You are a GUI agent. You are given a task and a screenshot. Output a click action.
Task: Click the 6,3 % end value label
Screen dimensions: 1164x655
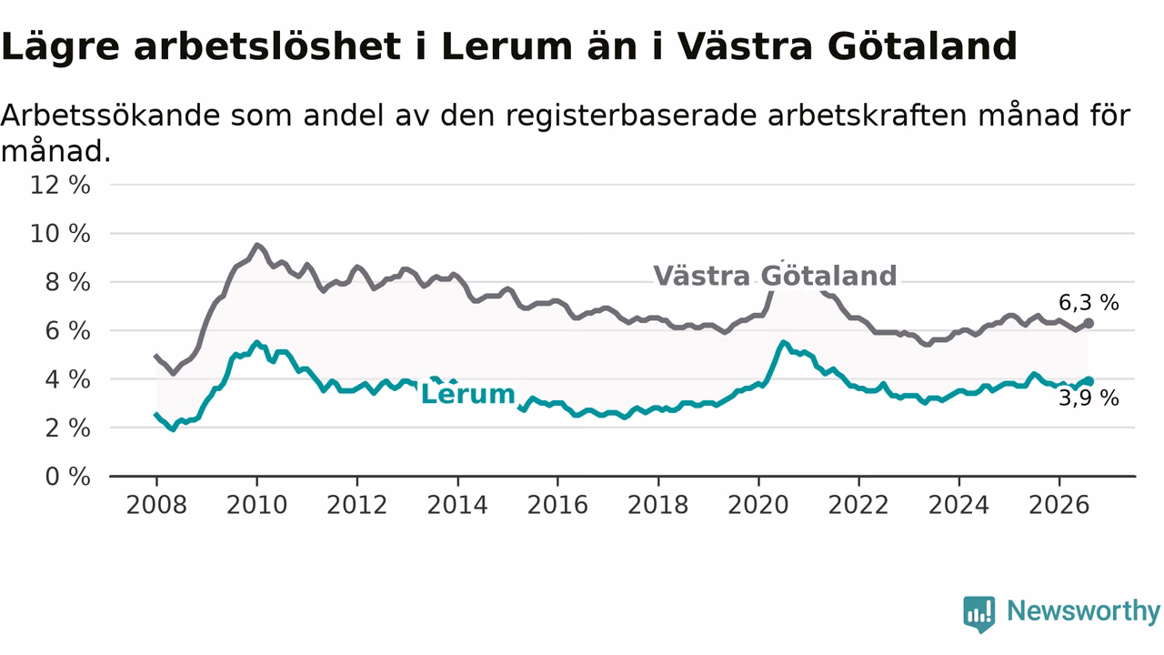coord(1089,303)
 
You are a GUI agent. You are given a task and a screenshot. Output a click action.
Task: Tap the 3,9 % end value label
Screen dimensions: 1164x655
coord(1089,398)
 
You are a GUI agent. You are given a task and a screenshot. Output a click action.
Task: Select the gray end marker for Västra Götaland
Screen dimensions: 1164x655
coord(1089,323)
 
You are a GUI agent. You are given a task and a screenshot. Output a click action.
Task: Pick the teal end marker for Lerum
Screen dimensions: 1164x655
coord(1089,381)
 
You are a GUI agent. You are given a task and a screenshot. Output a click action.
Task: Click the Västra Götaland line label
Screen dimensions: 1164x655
coord(775,276)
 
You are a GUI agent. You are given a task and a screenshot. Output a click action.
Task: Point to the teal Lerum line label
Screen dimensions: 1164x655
coord(467,394)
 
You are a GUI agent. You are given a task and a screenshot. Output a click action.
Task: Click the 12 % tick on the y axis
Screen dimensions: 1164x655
coord(60,185)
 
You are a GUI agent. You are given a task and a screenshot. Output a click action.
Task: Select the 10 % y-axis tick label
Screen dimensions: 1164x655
coord(60,234)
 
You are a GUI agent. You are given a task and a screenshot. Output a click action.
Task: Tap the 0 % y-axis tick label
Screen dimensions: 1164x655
coord(68,477)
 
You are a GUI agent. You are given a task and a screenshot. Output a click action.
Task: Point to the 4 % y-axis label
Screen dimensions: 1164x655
coord(68,379)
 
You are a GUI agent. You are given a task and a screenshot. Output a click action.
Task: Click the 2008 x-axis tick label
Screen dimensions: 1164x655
coord(156,505)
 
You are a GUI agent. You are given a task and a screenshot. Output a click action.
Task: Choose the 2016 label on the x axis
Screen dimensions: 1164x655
coord(557,505)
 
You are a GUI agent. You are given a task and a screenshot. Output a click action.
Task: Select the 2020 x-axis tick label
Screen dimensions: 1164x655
coord(758,505)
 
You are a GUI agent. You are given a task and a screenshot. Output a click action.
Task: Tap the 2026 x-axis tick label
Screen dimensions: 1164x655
coord(1059,505)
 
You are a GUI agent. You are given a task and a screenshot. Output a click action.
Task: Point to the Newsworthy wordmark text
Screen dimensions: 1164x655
coord(1083,611)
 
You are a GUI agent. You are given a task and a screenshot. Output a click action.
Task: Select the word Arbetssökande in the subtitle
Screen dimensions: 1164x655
coord(111,116)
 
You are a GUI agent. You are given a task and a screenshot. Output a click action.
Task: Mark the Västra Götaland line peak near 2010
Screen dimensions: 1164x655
coord(256,245)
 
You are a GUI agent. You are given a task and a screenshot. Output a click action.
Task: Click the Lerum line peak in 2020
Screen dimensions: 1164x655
coord(784,342)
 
